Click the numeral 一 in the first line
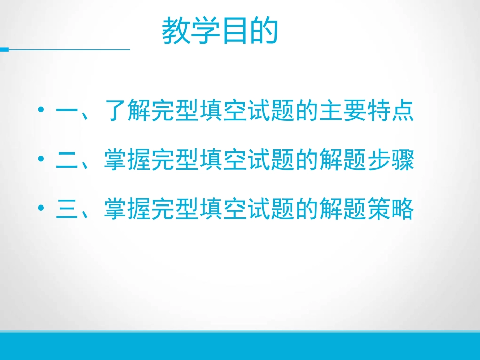point(66,112)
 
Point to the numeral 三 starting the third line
point(66,210)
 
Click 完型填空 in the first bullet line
point(199,112)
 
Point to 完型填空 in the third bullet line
point(199,210)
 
